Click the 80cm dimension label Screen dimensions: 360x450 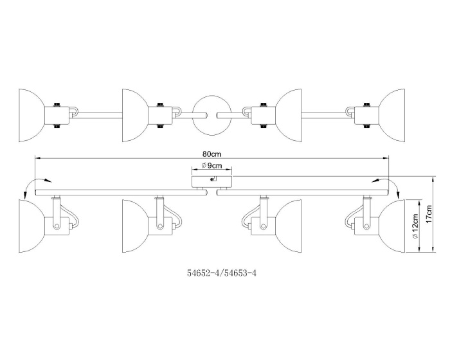point(212,154)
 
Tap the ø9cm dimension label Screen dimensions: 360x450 point(212,166)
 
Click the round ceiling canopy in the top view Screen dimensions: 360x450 point(212,115)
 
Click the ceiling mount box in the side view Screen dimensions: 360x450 point(212,182)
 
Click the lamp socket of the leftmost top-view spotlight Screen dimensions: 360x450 point(57,115)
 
